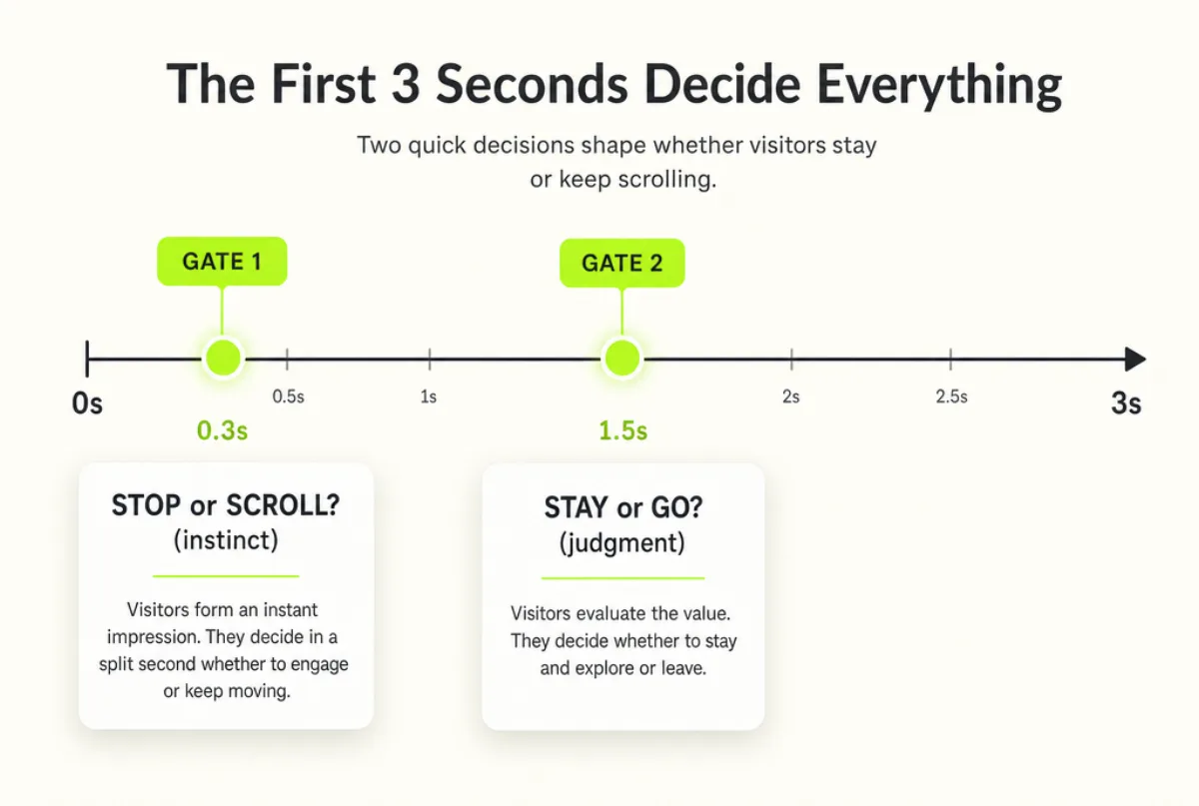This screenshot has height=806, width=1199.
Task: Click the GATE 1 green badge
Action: [x=222, y=261]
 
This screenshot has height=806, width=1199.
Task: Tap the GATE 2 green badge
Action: [x=621, y=263]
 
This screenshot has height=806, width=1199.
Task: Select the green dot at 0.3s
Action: [x=223, y=358]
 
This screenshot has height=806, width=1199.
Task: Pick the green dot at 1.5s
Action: [x=621, y=358]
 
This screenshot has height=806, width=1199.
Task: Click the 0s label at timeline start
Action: [x=87, y=403]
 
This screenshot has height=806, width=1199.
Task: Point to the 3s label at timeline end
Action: [x=1126, y=403]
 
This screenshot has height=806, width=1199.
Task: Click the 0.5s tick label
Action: [x=288, y=397]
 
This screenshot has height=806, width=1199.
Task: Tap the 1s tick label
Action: [x=429, y=397]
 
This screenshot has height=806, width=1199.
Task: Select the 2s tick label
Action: [x=790, y=397]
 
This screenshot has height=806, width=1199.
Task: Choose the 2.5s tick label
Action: [x=951, y=397]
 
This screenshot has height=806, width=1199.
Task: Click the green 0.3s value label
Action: [x=222, y=430]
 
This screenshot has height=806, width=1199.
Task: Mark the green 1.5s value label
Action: [x=622, y=430]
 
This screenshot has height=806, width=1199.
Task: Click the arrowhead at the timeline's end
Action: [x=1135, y=360]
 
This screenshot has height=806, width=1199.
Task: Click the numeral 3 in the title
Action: [x=406, y=84]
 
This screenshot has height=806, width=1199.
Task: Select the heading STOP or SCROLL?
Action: [x=226, y=505]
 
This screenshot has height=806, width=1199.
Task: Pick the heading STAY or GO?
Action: [x=623, y=508]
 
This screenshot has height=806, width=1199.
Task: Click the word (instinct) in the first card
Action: [x=226, y=540]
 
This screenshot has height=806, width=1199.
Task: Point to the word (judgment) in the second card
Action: [x=621, y=543]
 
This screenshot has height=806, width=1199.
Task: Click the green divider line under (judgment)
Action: [x=622, y=578]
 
